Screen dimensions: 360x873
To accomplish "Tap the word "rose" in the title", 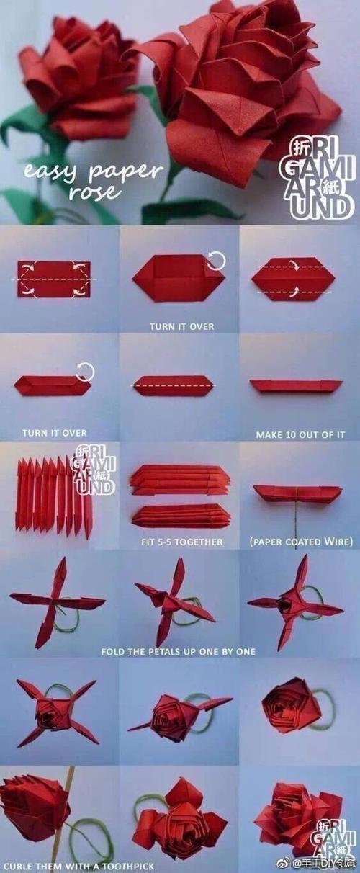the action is [93, 191].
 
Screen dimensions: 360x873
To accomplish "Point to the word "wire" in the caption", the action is [339, 542].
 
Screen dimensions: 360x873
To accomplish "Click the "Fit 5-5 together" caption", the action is [182, 542].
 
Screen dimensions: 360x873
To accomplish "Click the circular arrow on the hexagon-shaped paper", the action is [216, 261].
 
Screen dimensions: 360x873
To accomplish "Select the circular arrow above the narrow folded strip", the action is [85, 372].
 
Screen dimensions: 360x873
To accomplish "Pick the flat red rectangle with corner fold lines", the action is [54, 279].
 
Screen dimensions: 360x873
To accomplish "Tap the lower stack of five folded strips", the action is [181, 516].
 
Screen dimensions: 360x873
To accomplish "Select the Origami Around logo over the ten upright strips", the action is [94, 469].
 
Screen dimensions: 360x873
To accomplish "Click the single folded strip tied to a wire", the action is [298, 494].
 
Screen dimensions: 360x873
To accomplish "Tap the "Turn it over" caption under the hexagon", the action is [182, 326].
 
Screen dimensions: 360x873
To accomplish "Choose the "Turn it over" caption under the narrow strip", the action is [55, 433].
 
